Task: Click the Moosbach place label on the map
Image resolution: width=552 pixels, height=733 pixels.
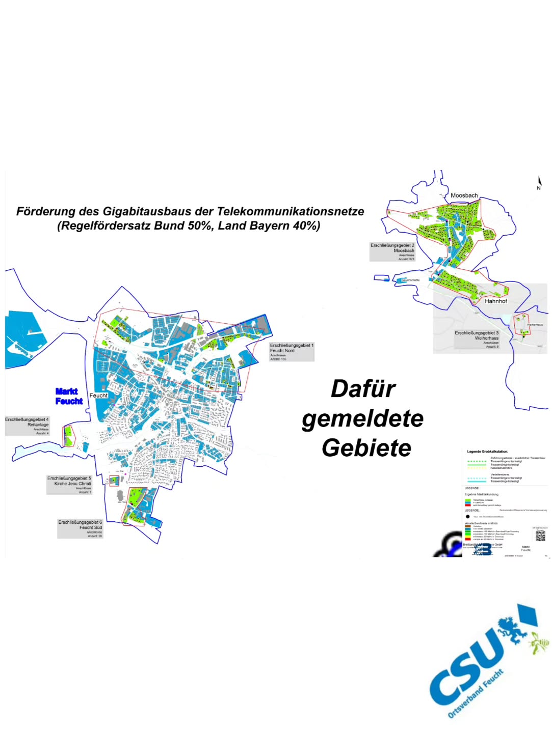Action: [464, 195]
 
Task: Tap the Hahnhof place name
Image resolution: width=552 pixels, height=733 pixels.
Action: [495, 301]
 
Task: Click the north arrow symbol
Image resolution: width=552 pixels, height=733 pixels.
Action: [539, 183]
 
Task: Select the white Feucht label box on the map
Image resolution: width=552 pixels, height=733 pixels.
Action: [98, 396]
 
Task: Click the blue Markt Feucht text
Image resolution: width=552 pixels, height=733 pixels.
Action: [69, 396]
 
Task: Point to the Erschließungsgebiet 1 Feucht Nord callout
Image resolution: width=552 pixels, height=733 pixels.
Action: [292, 351]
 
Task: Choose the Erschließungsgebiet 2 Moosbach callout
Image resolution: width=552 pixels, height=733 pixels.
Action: [392, 251]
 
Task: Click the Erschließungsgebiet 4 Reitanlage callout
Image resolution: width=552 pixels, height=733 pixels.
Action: [28, 426]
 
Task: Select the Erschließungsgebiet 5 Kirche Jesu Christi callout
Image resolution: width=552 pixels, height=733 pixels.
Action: [69, 485]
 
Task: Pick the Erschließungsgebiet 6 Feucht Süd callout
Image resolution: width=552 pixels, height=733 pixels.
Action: [80, 528]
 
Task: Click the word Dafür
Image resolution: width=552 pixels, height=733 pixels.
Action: [363, 389]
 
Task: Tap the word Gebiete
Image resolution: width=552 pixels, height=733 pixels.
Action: [366, 448]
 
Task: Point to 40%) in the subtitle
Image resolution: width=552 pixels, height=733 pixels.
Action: [306, 225]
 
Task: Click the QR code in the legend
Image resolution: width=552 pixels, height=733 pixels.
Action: [540, 535]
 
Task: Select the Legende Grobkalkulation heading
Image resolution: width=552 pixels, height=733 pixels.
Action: [487, 452]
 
